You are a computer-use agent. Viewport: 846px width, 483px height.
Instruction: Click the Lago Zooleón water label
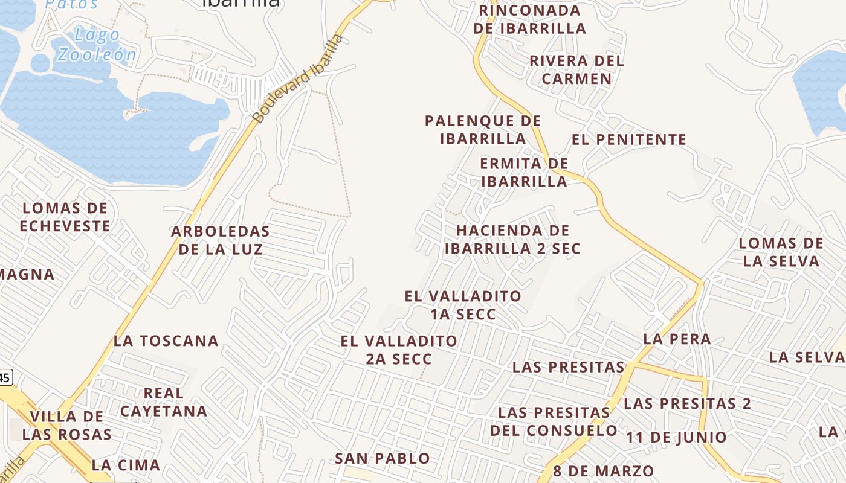point(96,45)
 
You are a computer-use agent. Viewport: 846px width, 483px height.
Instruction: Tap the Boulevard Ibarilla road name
point(299,79)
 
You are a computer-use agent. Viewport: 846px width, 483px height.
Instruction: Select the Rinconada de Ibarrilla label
point(529,19)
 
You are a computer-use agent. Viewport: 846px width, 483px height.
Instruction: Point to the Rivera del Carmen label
point(576,69)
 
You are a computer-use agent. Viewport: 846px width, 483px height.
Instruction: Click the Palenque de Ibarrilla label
point(483,129)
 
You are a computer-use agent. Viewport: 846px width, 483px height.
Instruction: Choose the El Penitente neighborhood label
point(629,139)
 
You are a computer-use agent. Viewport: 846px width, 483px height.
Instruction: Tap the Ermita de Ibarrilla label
point(524,172)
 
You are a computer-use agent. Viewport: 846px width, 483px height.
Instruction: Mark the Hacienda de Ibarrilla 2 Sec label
point(512,239)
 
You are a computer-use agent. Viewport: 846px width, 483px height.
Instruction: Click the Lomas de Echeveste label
point(65,217)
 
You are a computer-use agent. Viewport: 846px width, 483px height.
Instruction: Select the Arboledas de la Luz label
point(221,240)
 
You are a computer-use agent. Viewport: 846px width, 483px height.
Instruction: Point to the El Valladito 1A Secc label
point(463,305)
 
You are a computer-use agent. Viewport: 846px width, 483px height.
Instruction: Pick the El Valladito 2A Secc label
point(399,350)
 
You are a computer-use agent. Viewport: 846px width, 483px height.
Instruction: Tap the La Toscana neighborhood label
point(166,341)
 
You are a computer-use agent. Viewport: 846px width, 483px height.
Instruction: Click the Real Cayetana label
point(164,402)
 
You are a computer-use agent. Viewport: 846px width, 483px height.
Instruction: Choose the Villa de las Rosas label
point(67,425)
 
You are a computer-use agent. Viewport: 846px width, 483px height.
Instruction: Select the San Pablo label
point(383,458)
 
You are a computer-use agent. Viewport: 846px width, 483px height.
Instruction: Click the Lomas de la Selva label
point(781,252)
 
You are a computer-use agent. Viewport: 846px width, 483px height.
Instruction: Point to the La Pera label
point(677,339)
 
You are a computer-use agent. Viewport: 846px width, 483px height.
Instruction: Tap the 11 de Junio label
point(676,437)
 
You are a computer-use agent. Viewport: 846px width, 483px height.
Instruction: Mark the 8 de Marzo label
point(603,471)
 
